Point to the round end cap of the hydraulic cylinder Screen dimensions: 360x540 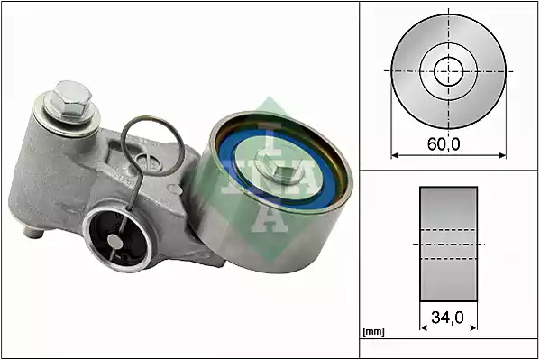click(x=114, y=237)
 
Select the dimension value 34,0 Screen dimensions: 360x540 click(x=448, y=317)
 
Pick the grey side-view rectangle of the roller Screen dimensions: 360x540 click(x=448, y=244)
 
